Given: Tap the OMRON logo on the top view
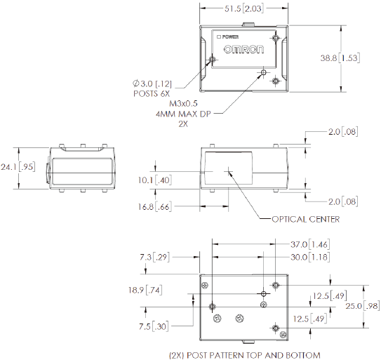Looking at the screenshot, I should pos(244,51).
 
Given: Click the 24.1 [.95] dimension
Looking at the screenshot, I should pos(17,167).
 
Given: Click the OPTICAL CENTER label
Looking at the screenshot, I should pos(306,219).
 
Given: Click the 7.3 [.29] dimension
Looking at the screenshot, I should pos(156,258).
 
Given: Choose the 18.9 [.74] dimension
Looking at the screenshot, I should pos(152,290).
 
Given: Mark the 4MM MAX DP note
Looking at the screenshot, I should pos(184,113).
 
